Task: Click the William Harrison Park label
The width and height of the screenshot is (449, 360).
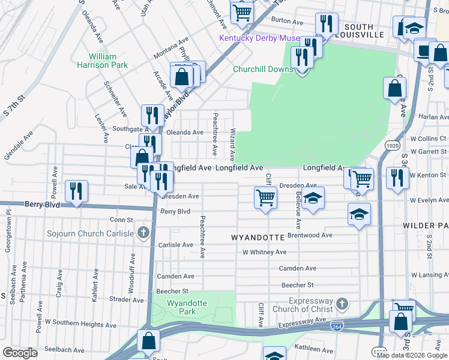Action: [103, 61]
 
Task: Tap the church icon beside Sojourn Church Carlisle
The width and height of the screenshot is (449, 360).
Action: [143, 232]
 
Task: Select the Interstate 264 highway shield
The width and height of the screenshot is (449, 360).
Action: [337, 326]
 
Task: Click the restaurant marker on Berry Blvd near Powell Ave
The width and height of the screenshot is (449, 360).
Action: [76, 191]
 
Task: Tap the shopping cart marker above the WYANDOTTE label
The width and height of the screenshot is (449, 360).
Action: [265, 197]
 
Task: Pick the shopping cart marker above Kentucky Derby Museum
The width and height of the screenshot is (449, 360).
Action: [242, 11]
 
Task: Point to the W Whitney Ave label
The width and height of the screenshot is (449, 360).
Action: [265, 253]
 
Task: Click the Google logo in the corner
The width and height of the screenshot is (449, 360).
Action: [20, 353]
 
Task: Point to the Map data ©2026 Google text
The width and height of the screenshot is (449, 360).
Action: [411, 355]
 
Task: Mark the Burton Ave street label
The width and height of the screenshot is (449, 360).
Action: [287, 21]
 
